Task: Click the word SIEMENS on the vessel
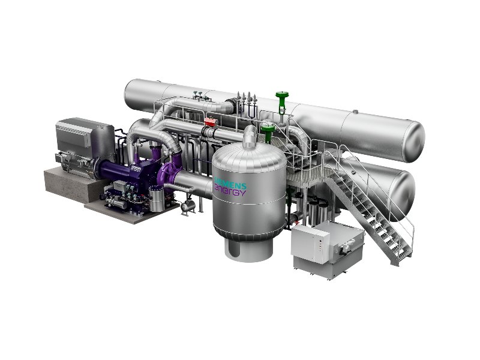230,182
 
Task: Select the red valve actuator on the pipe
211,122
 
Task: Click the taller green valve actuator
282,103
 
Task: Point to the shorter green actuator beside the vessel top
268,133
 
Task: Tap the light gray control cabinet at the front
310,244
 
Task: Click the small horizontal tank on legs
188,206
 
